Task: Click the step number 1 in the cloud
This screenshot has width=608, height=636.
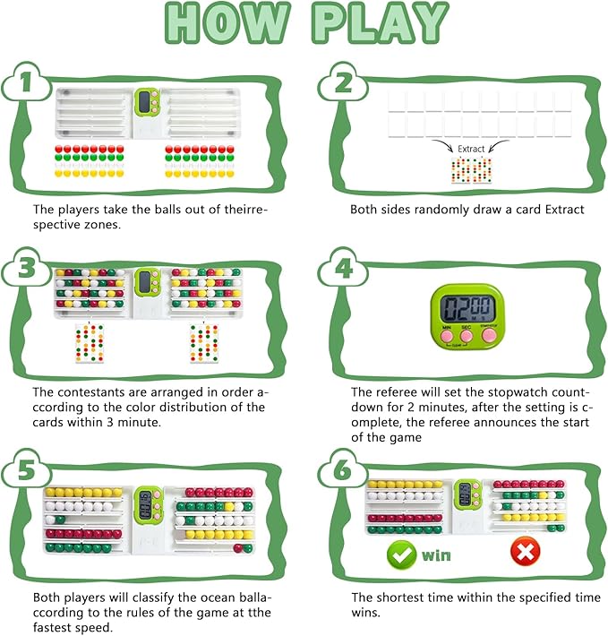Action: [x=26, y=82]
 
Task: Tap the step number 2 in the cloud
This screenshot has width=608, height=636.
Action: [x=344, y=82]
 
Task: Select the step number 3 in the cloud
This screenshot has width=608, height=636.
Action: [x=27, y=268]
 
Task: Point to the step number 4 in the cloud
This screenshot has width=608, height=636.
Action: [x=344, y=268]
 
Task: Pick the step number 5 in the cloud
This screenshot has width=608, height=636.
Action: [x=27, y=469]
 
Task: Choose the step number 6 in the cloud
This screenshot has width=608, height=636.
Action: [x=344, y=469]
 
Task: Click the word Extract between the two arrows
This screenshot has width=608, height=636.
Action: [x=471, y=149]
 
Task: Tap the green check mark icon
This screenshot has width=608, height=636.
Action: [x=401, y=554]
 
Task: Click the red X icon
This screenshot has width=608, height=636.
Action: [x=526, y=551]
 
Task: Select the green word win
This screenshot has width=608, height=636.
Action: [x=436, y=555]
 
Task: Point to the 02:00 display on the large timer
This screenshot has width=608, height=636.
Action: [x=467, y=308]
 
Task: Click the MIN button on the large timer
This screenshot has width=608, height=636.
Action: [x=447, y=336]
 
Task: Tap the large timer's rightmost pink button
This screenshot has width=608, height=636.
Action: [x=489, y=335]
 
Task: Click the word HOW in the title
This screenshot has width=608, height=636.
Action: [x=228, y=22]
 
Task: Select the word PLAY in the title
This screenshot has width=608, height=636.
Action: [x=381, y=22]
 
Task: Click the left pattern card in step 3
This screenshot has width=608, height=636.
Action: [x=90, y=343]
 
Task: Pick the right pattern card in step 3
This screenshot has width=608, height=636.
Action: [x=204, y=343]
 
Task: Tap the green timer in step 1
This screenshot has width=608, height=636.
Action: [x=147, y=103]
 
